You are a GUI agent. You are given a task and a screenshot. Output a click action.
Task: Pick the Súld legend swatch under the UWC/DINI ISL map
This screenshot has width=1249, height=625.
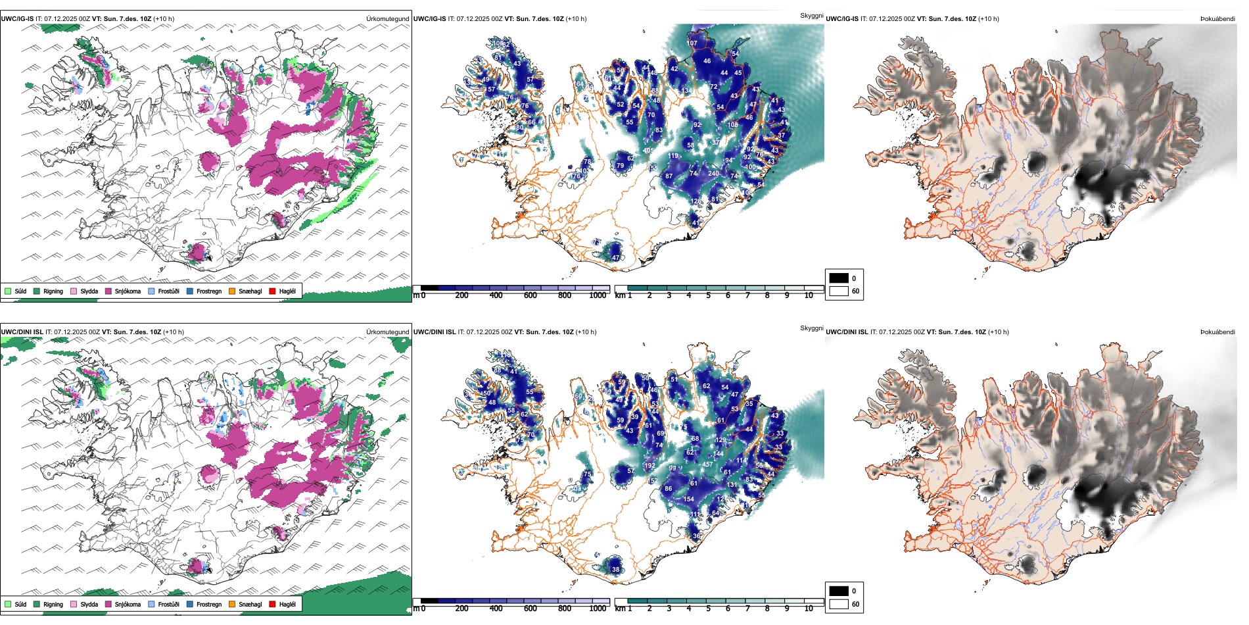pyautogui.click(x=8, y=604)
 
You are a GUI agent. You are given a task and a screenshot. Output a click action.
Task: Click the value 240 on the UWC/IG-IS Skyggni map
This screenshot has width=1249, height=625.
pyautogui.click(x=713, y=174)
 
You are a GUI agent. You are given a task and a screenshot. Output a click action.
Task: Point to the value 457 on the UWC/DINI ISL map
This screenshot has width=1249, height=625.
pyautogui.click(x=707, y=464)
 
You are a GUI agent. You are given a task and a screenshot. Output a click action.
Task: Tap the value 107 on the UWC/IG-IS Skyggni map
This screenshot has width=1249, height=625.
pyautogui.click(x=692, y=43)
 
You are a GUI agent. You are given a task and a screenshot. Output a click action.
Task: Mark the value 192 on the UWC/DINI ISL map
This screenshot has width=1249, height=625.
pyautogui.click(x=649, y=466)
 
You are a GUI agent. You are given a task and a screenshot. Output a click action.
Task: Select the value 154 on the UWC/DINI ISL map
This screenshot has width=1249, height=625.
pyautogui.click(x=688, y=499)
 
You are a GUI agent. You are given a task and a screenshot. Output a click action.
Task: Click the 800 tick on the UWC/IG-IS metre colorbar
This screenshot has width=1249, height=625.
pyautogui.click(x=565, y=295)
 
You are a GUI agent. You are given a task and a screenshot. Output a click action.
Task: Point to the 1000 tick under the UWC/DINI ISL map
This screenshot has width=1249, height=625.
pyautogui.click(x=598, y=609)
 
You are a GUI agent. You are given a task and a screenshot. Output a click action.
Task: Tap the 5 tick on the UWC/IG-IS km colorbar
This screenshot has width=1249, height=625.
pyautogui.click(x=709, y=295)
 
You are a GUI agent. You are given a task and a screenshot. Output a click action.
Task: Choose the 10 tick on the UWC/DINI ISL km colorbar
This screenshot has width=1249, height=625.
pyautogui.click(x=809, y=609)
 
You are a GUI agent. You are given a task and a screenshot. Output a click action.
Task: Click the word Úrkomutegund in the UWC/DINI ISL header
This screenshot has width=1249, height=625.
pyautogui.click(x=387, y=332)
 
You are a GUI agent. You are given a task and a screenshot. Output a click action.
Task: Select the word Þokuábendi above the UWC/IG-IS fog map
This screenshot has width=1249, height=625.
pyautogui.click(x=1217, y=19)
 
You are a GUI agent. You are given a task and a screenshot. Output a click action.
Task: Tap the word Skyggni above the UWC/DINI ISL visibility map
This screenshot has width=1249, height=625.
pyautogui.click(x=811, y=328)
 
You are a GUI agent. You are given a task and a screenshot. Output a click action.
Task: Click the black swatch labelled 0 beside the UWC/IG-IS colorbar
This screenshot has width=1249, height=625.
pyautogui.click(x=839, y=278)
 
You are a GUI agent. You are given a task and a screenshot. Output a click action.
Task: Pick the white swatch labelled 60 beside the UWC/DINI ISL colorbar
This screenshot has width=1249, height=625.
pyautogui.click(x=839, y=604)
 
